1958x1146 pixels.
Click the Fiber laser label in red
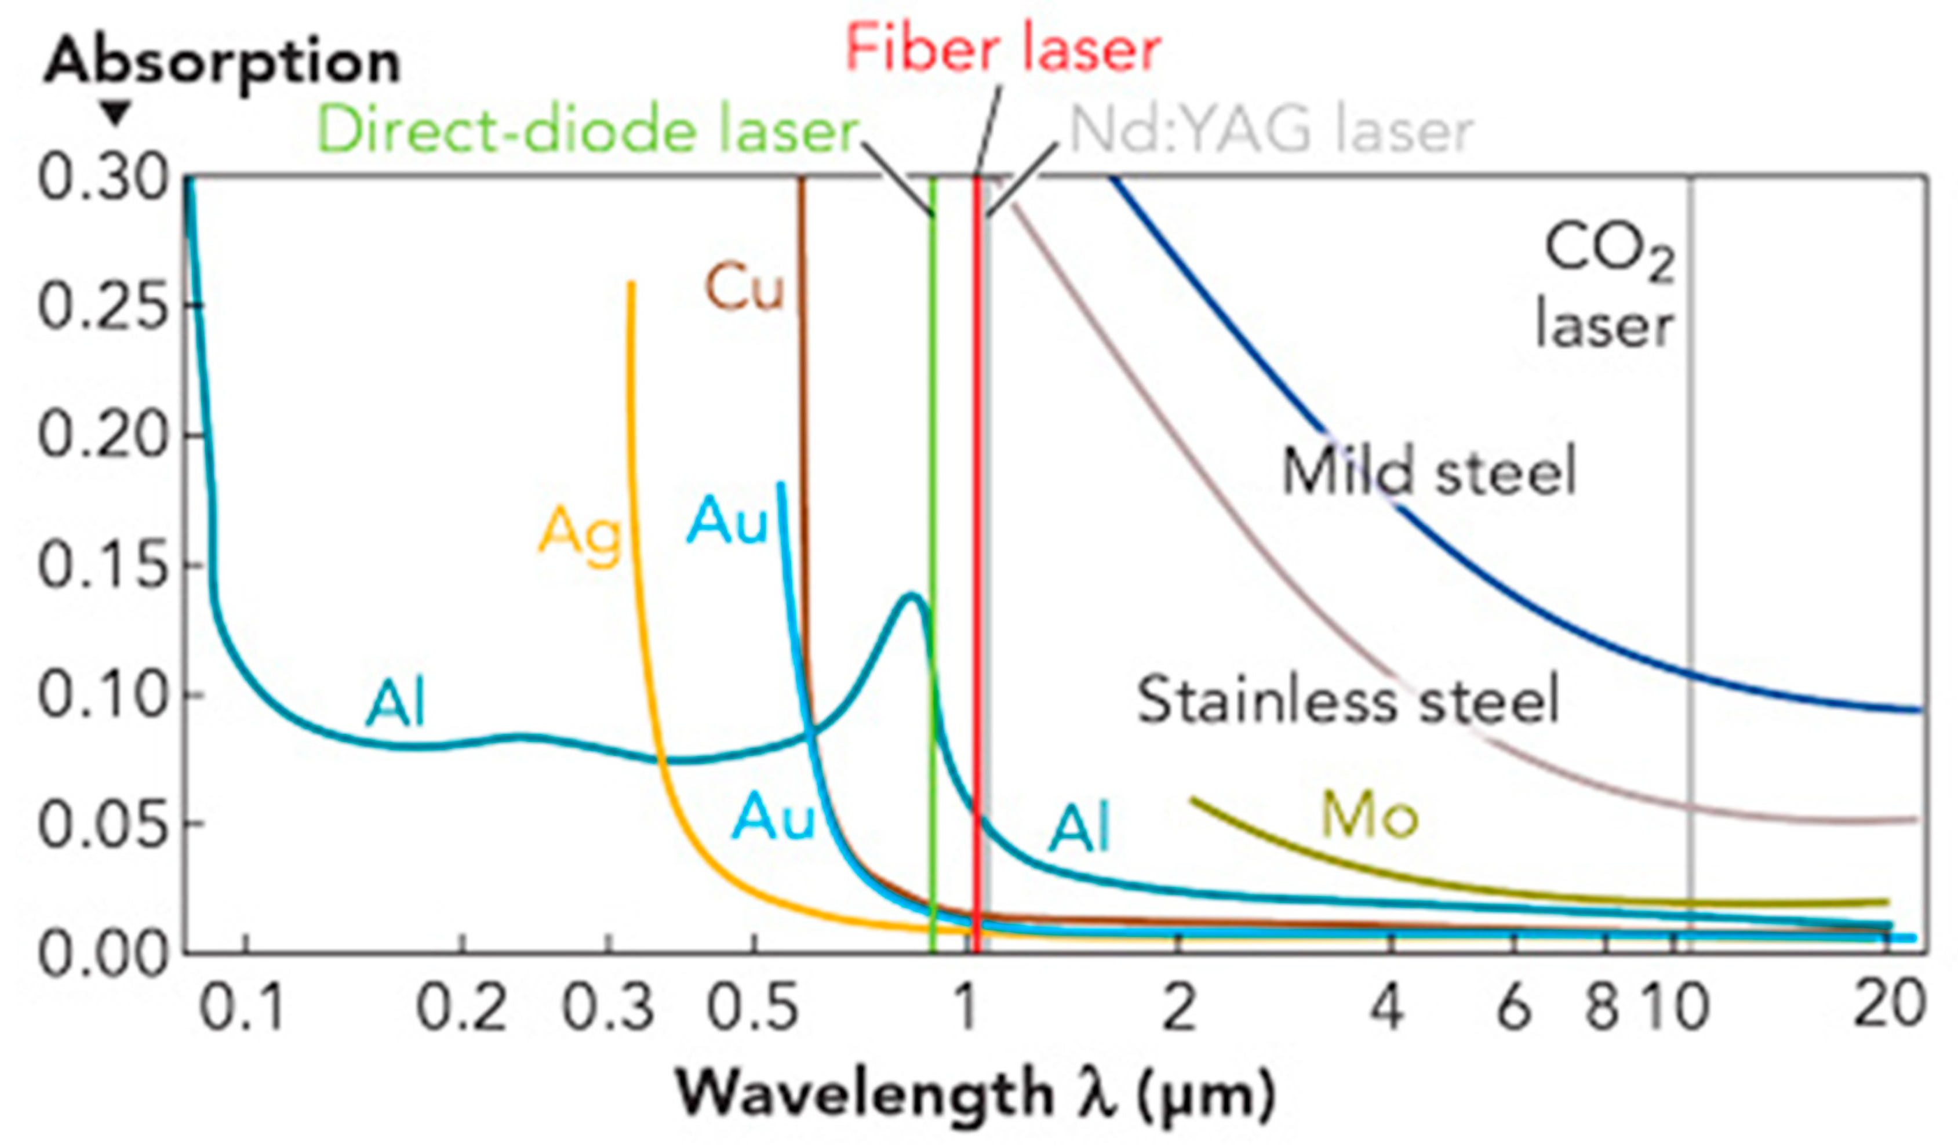(1002, 48)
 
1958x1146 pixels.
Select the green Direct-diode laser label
(587, 130)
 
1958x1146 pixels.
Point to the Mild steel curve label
(1428, 471)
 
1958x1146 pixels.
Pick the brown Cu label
(744, 288)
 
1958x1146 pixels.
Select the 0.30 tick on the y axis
(103, 179)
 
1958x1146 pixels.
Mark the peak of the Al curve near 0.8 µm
(912, 596)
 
